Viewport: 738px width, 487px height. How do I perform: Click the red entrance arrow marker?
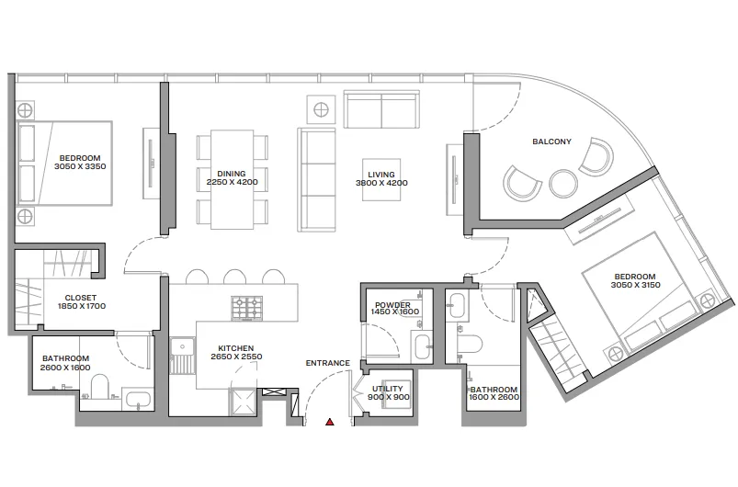330,422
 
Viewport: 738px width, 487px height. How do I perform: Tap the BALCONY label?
551,142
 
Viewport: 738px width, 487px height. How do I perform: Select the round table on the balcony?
563,183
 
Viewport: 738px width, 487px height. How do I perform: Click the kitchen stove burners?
246,308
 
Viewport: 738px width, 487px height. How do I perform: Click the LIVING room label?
381,175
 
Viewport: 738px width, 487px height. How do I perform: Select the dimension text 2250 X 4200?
232,182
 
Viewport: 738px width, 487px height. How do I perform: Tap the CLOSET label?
81,298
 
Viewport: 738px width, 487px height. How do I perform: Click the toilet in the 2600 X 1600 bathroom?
99,386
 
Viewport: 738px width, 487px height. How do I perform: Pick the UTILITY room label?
387,389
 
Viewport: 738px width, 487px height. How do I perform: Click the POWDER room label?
392,305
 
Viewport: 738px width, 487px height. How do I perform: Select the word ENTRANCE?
328,363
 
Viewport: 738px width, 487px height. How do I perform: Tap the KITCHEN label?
236,348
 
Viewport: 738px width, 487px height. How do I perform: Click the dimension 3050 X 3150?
635,285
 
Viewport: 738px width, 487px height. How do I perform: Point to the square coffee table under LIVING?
381,180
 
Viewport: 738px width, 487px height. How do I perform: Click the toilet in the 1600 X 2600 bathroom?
470,344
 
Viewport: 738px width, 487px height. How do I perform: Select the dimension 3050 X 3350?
80,166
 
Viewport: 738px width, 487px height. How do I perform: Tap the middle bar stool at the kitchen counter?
235,277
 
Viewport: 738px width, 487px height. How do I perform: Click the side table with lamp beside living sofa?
321,109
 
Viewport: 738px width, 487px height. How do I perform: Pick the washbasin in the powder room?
423,346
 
